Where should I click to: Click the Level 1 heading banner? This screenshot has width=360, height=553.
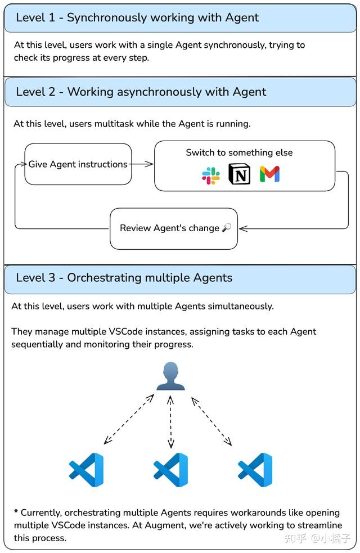coord(180,17)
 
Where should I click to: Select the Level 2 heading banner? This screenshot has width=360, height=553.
coord(180,92)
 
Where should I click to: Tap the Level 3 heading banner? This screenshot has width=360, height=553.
coord(180,278)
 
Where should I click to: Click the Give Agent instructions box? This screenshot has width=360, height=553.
coord(78,164)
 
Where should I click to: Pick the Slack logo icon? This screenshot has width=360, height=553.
coord(211,176)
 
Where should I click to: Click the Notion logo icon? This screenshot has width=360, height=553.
coord(240,174)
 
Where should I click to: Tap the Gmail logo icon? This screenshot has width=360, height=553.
coord(270,174)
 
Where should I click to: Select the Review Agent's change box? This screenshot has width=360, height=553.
coord(173,228)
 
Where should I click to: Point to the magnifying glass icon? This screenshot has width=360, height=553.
coord(227,228)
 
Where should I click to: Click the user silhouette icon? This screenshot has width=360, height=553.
coord(170,376)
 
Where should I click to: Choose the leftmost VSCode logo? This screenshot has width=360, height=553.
coord(86,470)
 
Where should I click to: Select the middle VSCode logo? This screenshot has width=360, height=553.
coord(170,470)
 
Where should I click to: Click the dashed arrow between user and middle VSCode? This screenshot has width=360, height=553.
coord(170,422)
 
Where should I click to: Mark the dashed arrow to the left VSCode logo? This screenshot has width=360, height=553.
coord(129,420)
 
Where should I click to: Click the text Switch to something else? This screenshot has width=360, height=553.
coord(239,152)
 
